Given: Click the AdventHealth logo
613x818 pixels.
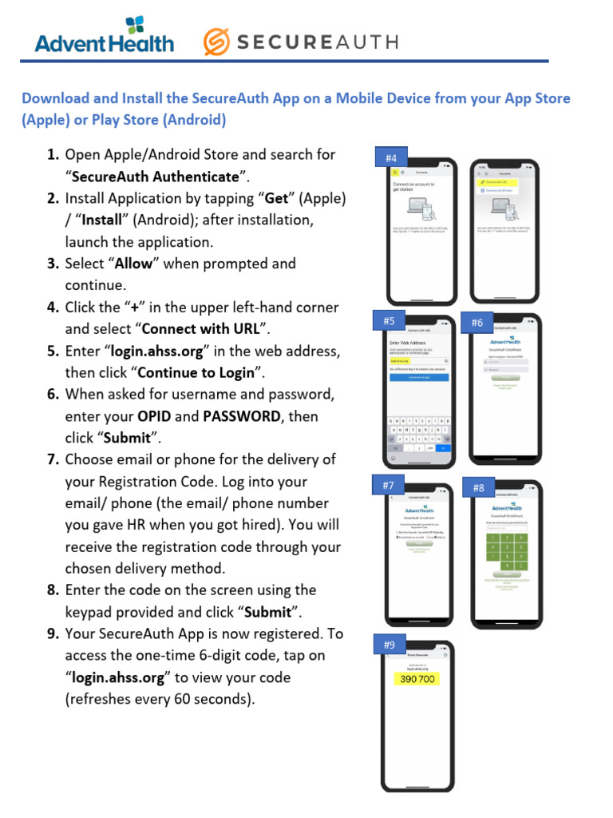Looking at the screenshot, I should tap(104, 36).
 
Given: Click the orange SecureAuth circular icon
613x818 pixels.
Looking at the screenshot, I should tap(218, 42).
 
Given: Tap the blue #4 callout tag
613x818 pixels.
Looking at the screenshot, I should tap(390, 158).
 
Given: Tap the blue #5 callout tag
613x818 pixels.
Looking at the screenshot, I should tap(389, 321).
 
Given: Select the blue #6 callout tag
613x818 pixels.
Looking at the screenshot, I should tap(477, 323).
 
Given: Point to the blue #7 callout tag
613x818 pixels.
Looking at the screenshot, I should tap(389, 485).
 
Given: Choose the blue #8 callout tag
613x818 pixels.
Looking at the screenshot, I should tap(478, 487).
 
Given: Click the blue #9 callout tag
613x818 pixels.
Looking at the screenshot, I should tap(389, 645).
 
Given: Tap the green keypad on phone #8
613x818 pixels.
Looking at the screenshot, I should tap(507, 550).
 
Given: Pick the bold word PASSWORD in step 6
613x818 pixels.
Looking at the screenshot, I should tap(242, 416).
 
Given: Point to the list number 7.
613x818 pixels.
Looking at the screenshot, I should tap(53, 459).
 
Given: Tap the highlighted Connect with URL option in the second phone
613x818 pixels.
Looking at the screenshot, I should tap(496, 182).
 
